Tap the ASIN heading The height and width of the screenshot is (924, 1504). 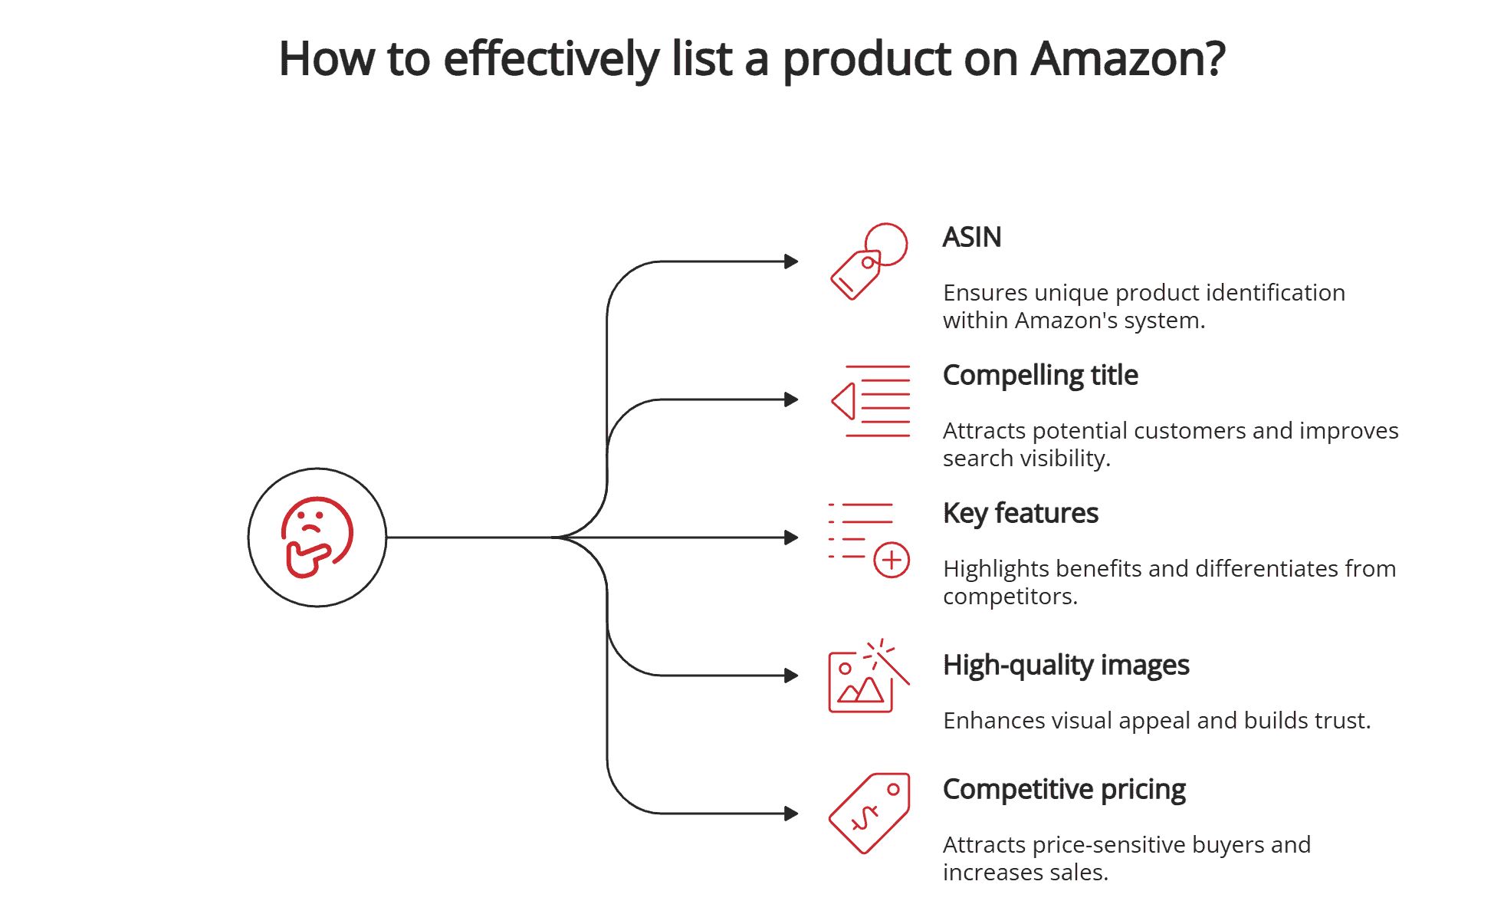(971, 237)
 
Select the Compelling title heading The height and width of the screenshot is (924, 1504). (1039, 375)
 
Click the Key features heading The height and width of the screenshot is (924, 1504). (1020, 513)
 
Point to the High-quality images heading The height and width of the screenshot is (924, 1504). (1065, 665)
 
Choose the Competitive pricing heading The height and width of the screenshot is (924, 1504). (1063, 789)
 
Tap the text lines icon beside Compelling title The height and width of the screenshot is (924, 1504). (872, 400)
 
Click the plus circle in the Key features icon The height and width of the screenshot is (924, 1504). (891, 560)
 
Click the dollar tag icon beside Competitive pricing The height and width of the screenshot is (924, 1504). (869, 813)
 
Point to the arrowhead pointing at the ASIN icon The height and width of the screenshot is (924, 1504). (791, 261)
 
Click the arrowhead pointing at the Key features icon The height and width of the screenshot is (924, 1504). (791, 538)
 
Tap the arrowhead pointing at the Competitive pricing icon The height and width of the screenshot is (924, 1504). (791, 814)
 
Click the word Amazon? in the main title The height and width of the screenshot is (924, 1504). (1127, 59)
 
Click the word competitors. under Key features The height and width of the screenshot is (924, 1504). (1010, 596)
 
